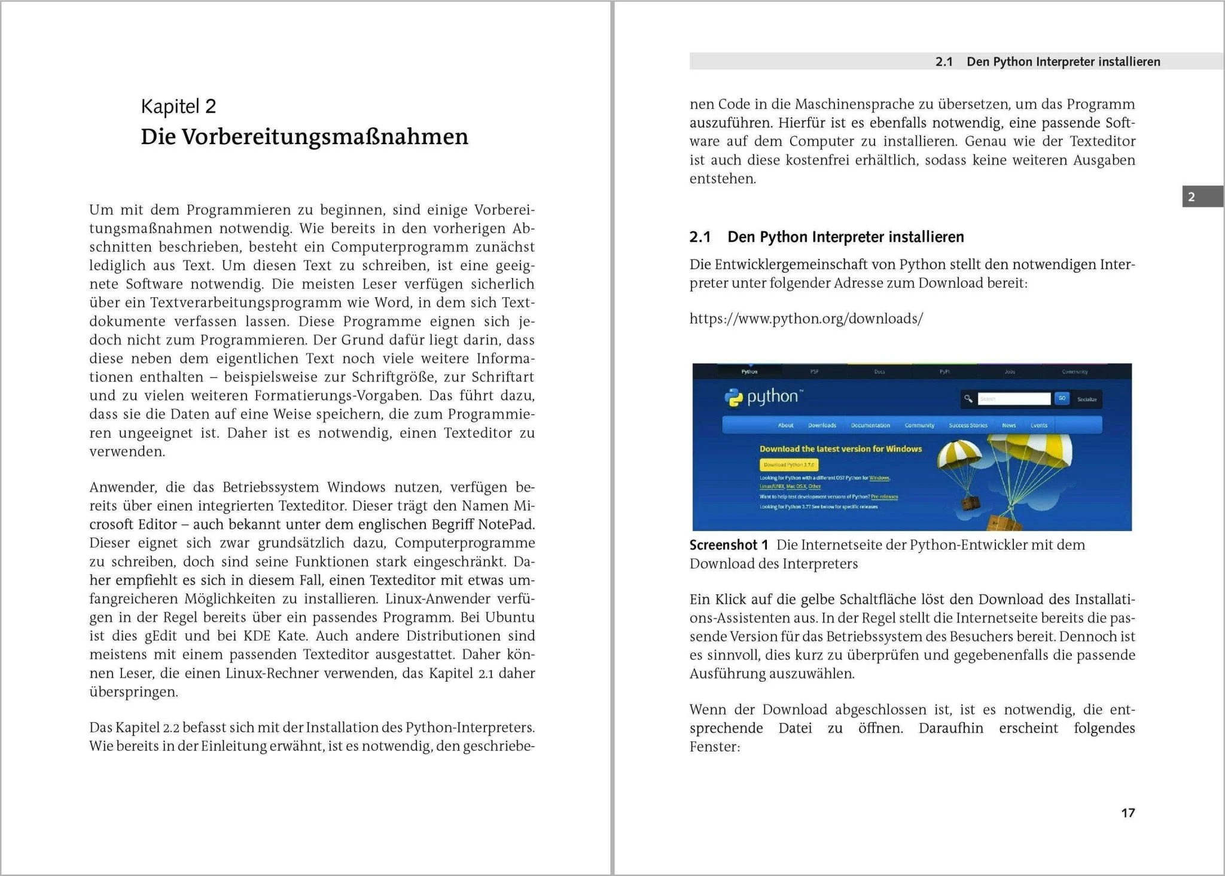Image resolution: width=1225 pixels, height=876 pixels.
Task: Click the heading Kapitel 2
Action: click(x=178, y=106)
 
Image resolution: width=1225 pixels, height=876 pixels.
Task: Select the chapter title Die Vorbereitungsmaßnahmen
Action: click(x=304, y=137)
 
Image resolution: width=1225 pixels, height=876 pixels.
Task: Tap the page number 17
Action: click(x=1128, y=813)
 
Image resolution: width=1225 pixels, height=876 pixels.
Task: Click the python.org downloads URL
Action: click(x=806, y=319)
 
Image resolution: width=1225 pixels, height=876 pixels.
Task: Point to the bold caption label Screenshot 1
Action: click(x=728, y=545)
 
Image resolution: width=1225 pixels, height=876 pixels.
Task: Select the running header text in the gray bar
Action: click(x=1047, y=62)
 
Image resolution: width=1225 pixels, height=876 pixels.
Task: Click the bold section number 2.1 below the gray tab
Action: click(x=700, y=237)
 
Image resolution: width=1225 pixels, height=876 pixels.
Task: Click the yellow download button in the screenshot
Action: click(x=788, y=465)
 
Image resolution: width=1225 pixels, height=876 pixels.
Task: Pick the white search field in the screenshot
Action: click(x=1013, y=399)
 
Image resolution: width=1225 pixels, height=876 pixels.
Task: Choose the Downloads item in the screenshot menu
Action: click(x=822, y=425)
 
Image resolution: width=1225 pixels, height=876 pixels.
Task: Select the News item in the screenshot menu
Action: click(x=1008, y=425)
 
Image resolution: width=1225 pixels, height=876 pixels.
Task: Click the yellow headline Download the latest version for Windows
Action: click(x=840, y=449)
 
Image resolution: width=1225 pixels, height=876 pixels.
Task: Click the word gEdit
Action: click(x=159, y=636)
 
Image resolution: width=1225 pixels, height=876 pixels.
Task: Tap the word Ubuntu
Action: click(x=510, y=617)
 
